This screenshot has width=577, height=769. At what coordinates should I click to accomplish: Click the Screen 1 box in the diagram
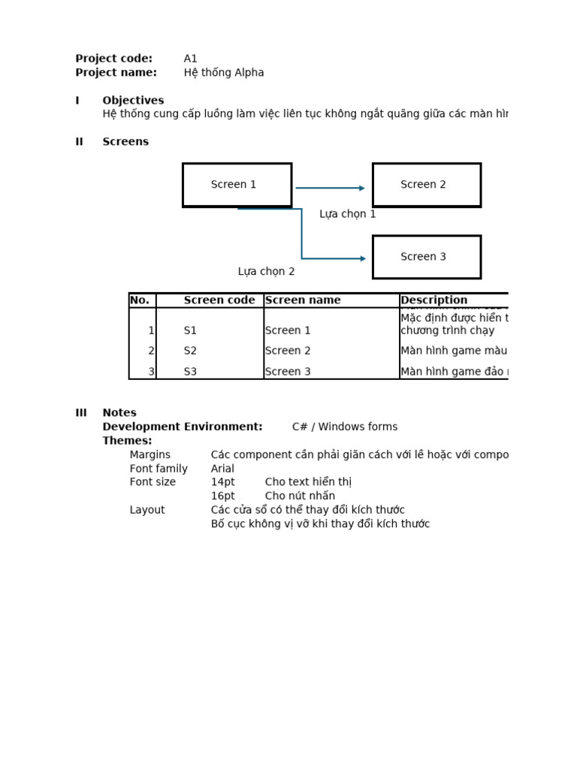tap(237, 185)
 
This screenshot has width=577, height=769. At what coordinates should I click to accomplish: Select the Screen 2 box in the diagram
tap(426, 185)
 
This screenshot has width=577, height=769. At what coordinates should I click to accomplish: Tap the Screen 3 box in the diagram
tap(426, 257)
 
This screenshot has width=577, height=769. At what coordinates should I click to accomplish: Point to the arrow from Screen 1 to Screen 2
tap(330, 188)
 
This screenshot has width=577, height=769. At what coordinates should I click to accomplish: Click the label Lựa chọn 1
tap(347, 214)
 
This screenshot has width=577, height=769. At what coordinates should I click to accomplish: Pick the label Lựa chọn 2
tap(266, 272)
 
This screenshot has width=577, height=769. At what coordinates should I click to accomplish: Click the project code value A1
tap(191, 59)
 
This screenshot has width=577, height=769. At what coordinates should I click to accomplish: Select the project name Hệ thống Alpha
tap(224, 73)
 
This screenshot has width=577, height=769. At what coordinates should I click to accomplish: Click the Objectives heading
tap(133, 101)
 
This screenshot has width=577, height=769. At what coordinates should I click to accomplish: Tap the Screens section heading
tap(125, 142)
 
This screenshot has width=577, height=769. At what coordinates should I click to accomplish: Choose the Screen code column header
tap(219, 300)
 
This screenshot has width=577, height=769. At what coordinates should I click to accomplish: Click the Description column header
tap(434, 300)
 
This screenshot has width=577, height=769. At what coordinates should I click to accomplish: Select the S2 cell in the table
tap(190, 351)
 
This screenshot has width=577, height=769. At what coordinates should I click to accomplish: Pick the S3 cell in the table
tap(190, 372)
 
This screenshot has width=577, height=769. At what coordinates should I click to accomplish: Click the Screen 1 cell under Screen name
tap(288, 330)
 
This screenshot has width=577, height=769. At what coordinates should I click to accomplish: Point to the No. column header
tap(140, 300)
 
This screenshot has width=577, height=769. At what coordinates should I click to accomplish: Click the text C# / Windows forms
tap(345, 427)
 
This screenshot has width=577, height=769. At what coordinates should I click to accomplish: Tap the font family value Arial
tap(222, 469)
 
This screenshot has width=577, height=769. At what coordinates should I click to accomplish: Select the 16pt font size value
tap(222, 496)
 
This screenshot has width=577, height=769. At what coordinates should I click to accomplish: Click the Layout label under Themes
tap(147, 510)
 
